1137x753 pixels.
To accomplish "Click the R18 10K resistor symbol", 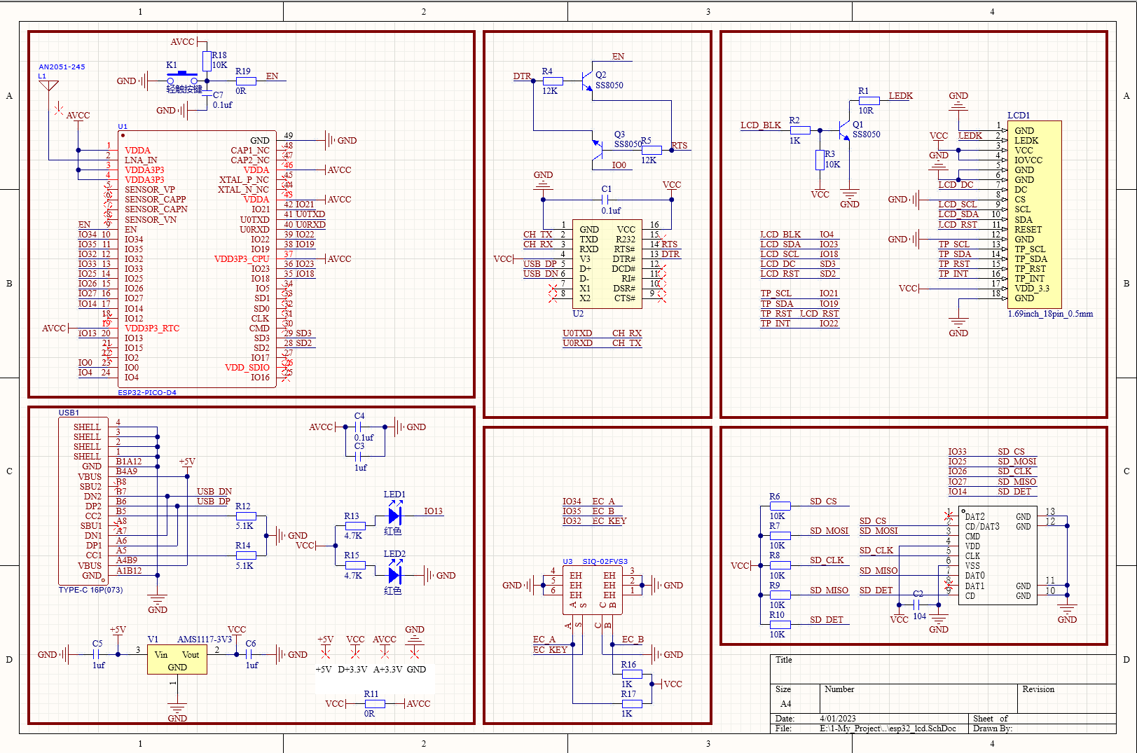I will click(207, 61).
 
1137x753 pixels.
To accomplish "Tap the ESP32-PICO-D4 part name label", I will click(147, 392).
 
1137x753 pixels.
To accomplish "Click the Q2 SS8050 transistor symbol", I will click(587, 81).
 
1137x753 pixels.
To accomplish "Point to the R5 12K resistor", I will click(652, 150).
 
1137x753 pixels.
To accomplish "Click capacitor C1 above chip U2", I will click(607, 200).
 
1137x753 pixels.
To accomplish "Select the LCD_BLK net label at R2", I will click(760, 125).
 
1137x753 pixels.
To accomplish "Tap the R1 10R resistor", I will click(869, 101).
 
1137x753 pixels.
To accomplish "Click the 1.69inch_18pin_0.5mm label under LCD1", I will click(1050, 314).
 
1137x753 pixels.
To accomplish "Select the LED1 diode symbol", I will click(394, 516).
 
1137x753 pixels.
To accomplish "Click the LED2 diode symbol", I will click(394, 575).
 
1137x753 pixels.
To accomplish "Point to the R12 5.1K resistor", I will click(246, 516).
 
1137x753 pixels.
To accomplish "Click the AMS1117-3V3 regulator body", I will click(177, 660).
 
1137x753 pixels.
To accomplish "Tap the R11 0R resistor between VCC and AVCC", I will click(374, 703).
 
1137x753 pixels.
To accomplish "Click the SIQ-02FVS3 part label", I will click(605, 562).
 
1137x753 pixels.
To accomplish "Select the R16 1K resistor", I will click(631, 674).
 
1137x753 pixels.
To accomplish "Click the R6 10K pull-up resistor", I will click(780, 506).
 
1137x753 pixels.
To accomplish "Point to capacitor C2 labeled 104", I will click(918, 605).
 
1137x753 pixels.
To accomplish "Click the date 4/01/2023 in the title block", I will click(838, 719).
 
